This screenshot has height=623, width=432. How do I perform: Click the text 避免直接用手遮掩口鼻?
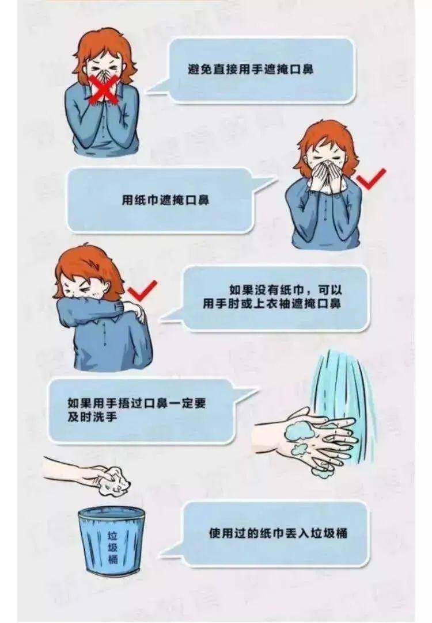251,70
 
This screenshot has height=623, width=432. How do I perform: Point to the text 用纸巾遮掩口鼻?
165,199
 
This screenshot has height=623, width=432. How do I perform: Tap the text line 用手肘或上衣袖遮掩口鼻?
272,304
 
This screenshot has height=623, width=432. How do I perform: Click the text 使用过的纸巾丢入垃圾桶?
278,533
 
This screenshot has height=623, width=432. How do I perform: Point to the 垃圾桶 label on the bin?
113,548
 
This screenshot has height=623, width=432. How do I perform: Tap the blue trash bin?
111,540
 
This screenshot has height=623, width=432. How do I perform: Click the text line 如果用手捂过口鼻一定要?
137,403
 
